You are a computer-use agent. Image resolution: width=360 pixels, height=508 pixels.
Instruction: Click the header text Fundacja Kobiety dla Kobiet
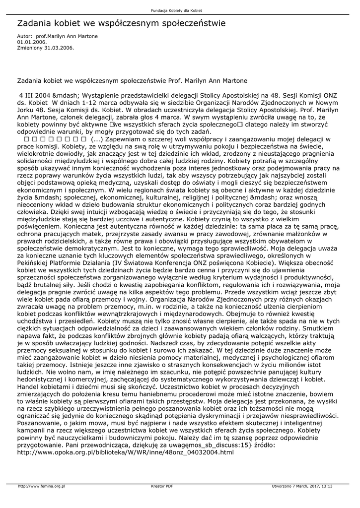[x=180, y=10]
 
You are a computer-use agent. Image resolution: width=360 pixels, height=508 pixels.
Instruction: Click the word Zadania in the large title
[x=35, y=23]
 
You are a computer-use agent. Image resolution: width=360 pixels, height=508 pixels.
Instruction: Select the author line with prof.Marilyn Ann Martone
[x=57, y=36]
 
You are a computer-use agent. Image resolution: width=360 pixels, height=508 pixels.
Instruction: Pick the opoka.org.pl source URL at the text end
[x=125, y=452]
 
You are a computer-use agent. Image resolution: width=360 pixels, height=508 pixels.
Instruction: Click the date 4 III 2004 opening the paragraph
[x=34, y=94]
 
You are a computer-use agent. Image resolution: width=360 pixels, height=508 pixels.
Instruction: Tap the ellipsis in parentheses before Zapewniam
[x=96, y=139]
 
